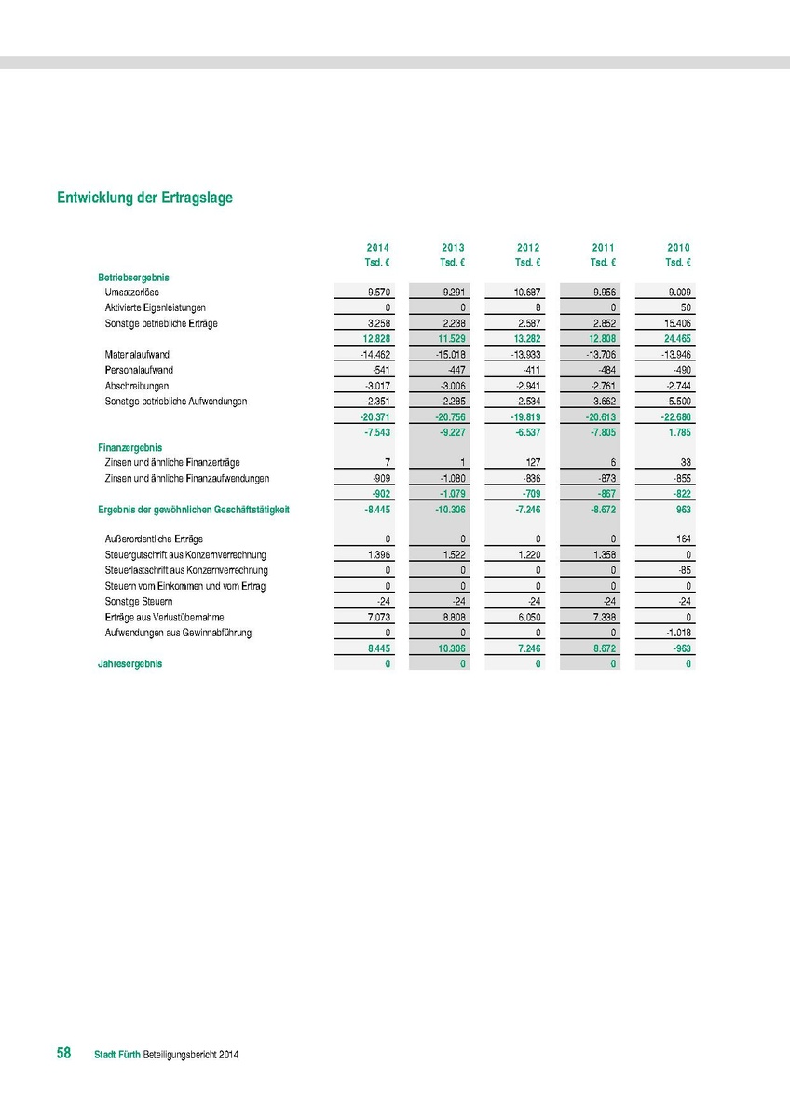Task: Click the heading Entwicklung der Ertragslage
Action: (144, 198)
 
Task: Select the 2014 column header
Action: (378, 248)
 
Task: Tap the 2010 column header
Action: (678, 248)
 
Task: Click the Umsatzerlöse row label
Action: (131, 293)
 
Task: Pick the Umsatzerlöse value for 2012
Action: (526, 293)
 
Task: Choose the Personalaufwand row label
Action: (139, 370)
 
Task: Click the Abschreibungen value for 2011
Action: (602, 386)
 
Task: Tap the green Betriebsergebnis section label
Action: (133, 277)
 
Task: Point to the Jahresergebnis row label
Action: (129, 664)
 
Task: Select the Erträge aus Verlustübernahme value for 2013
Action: (452, 618)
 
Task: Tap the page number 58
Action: (64, 1053)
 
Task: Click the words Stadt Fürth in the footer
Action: (116, 1055)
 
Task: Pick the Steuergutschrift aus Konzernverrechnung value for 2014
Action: (378, 555)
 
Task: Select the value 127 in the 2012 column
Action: (532, 463)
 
